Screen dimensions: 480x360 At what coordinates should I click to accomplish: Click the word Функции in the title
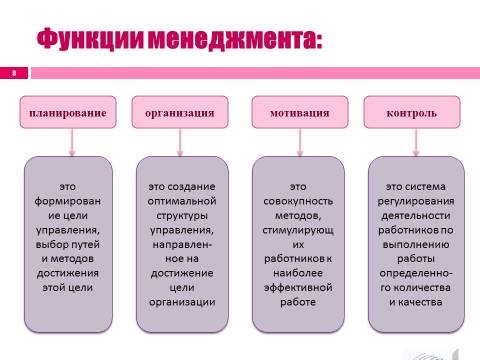tap(90, 39)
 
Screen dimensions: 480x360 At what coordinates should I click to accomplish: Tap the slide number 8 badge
tap(14, 73)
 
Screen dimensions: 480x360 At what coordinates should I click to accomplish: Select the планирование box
tap(68, 112)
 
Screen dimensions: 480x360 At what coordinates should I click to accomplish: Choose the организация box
tap(180, 112)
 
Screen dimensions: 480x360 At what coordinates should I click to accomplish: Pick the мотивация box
tap(300, 112)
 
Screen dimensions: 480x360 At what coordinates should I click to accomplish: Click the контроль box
tap(412, 112)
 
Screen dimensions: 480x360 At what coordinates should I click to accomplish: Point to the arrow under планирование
tap(72, 142)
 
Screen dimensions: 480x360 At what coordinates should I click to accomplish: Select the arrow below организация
tap(180, 142)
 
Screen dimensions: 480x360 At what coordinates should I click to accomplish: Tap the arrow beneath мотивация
tap(300, 142)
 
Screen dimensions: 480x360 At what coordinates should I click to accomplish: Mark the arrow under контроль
tap(416, 142)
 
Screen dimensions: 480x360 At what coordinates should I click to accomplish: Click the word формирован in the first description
tap(68, 201)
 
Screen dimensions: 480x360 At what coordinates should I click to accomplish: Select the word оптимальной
tap(182, 201)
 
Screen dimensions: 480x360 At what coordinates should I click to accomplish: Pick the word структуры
tap(182, 216)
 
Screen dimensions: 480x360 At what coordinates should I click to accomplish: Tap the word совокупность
tap(298, 201)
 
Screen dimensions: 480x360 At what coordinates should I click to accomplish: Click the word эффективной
tap(298, 288)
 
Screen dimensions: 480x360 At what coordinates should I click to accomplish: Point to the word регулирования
tap(416, 201)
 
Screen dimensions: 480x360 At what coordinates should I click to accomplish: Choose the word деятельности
tap(416, 216)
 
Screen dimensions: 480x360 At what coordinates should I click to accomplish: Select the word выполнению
tap(416, 244)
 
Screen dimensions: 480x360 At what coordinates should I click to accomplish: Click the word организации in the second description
tap(182, 302)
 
